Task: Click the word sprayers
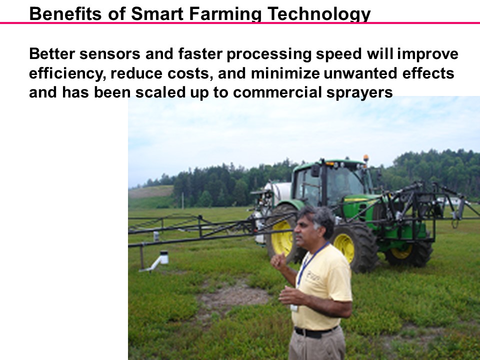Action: point(360,93)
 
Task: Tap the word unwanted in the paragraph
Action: point(354,73)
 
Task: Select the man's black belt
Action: point(315,331)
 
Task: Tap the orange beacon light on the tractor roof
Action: point(365,158)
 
